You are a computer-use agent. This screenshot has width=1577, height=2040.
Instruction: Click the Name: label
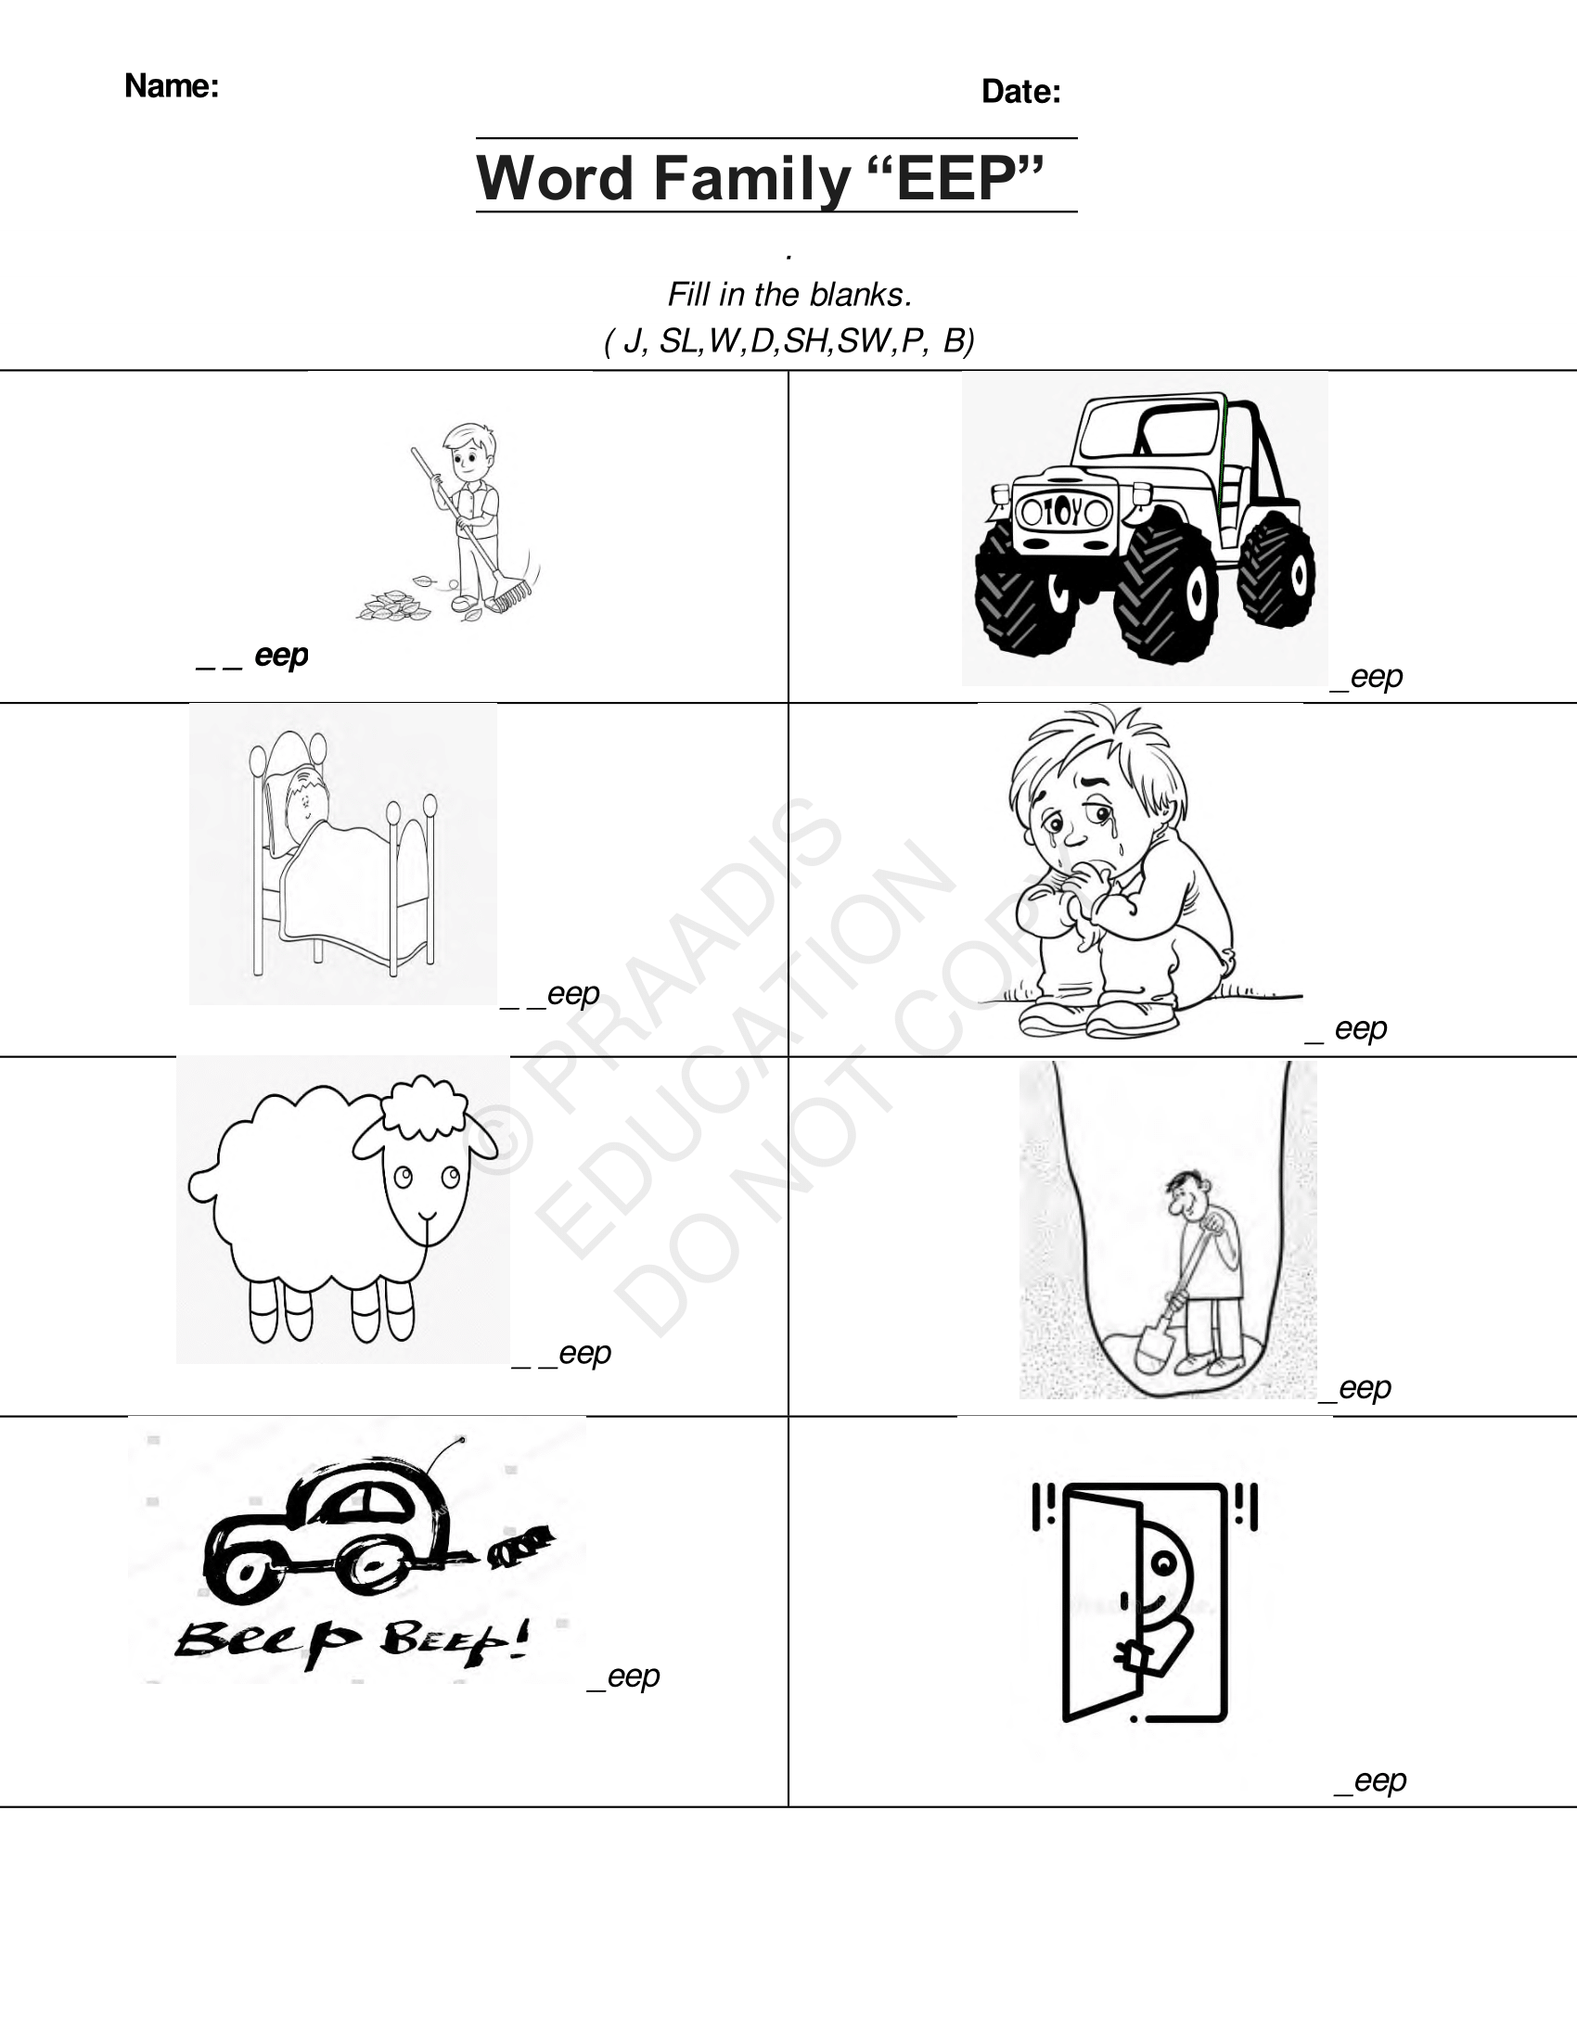(171, 86)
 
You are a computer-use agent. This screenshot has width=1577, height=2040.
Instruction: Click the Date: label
(1020, 92)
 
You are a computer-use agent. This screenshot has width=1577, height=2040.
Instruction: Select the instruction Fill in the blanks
(788, 295)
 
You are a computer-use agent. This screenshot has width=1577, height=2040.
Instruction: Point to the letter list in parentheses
(788, 341)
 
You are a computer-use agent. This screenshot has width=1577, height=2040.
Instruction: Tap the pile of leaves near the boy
(392, 606)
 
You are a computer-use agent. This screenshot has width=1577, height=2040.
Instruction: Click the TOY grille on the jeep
(1063, 512)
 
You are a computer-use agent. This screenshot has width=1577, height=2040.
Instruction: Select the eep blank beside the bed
(551, 994)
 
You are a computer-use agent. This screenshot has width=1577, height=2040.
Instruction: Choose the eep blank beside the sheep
(562, 1354)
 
